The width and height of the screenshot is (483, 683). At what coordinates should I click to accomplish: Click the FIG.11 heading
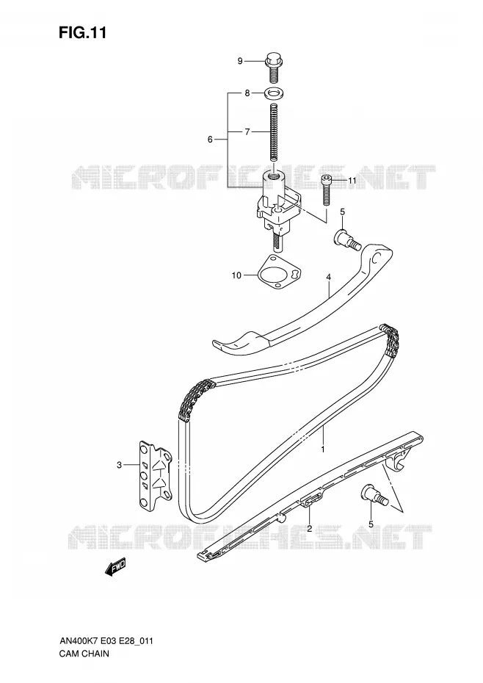[x=83, y=33]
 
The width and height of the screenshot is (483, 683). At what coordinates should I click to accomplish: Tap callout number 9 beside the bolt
[x=240, y=61]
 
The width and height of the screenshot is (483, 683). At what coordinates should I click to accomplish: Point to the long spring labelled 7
[x=274, y=133]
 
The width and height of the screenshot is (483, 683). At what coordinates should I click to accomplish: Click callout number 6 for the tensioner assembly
[x=210, y=140]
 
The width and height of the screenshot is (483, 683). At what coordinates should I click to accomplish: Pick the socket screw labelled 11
[x=326, y=189]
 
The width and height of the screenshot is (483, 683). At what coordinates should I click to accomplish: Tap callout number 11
[x=352, y=181]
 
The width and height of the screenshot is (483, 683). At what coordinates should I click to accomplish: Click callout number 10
[x=236, y=275]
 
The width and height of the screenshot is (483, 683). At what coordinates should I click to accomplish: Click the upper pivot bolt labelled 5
[x=347, y=239]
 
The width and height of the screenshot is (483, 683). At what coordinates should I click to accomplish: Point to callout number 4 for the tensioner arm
[x=328, y=277]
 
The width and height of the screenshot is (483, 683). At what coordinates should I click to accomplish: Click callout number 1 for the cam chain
[x=323, y=449]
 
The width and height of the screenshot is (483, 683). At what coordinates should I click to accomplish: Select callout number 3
[x=120, y=465]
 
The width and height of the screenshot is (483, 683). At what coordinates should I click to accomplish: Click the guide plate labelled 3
[x=156, y=476]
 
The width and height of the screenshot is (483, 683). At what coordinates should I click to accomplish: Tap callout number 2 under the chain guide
[x=309, y=529]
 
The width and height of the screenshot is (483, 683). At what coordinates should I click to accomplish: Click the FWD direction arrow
[x=115, y=568]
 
